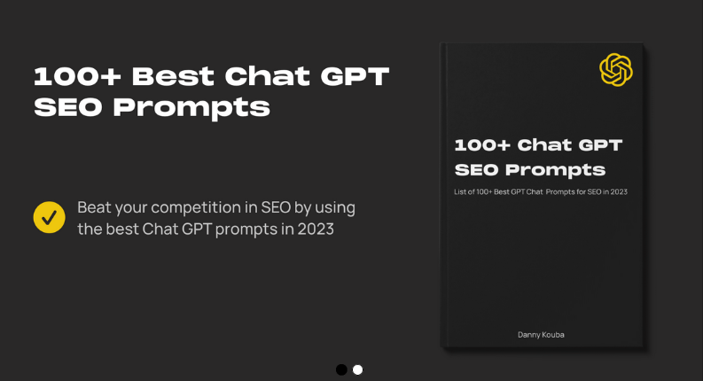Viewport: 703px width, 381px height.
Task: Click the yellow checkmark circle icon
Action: [49, 217]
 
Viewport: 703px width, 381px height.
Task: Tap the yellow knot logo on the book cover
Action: [615, 69]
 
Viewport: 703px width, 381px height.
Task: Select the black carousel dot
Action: [341, 369]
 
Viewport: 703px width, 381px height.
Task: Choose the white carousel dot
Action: [357, 369]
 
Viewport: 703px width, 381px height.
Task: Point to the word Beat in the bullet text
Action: [95, 207]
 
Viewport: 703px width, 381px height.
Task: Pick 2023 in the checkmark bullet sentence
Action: [315, 229]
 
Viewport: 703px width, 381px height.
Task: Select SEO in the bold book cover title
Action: [476, 169]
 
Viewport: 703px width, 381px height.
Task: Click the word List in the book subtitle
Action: [461, 191]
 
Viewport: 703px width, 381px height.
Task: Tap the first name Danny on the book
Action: [530, 334]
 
